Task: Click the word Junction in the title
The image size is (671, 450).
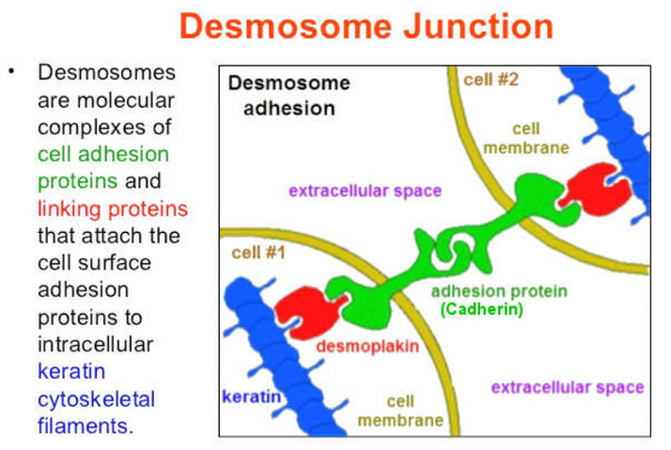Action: (478, 26)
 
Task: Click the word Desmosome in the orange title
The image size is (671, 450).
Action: (286, 26)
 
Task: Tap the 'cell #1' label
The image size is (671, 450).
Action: (258, 253)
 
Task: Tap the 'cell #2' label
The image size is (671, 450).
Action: (491, 80)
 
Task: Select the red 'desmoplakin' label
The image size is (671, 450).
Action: (367, 346)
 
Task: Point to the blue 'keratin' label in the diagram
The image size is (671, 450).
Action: (252, 396)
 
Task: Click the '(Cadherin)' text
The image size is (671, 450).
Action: (482, 309)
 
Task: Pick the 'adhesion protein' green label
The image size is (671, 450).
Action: (499, 291)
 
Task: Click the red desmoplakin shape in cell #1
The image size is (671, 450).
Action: (309, 312)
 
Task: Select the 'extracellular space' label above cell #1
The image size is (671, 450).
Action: (365, 191)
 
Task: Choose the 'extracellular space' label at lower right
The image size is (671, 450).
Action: (568, 388)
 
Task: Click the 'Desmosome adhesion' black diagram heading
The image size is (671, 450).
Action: (289, 96)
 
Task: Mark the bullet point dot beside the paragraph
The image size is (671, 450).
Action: (11, 71)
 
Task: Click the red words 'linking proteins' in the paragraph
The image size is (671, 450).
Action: (113, 209)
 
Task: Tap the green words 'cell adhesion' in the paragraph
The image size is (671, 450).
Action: (103, 154)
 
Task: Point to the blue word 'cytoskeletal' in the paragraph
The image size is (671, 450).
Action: (96, 399)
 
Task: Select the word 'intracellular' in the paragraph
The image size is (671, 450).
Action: (96, 345)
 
